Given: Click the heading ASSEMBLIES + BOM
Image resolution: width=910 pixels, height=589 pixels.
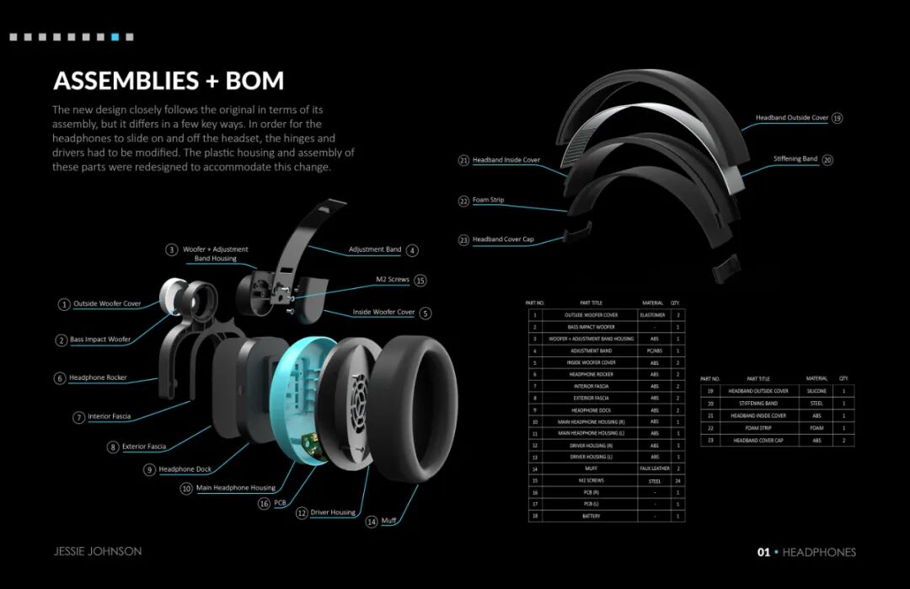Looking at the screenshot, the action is pyautogui.click(x=169, y=81).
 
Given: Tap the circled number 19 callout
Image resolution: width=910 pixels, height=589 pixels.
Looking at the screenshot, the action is pyautogui.click(x=837, y=118).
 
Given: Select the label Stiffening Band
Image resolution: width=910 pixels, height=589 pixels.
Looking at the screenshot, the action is pyautogui.click(x=795, y=159).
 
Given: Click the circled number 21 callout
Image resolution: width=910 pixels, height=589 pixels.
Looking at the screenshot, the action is pyautogui.click(x=463, y=160).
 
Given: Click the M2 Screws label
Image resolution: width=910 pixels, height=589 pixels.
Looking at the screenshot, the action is pyautogui.click(x=392, y=280).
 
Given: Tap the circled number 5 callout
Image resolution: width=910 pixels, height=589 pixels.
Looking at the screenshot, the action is pyautogui.click(x=426, y=313).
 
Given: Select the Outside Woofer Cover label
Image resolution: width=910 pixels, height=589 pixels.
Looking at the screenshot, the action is pyautogui.click(x=107, y=304).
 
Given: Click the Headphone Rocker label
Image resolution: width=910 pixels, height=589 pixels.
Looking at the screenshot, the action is pyautogui.click(x=98, y=378).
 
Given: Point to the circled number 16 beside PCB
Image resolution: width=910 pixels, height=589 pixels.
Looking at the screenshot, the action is pyautogui.click(x=264, y=503).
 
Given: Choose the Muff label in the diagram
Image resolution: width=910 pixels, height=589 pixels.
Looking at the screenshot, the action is pyautogui.click(x=388, y=522).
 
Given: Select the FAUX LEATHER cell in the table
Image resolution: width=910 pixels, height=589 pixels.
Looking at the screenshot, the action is pyautogui.click(x=655, y=469).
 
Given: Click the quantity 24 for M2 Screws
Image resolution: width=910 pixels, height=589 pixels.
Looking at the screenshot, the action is pyautogui.click(x=677, y=480).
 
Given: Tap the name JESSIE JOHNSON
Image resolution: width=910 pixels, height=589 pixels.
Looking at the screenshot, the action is pyautogui.click(x=98, y=552).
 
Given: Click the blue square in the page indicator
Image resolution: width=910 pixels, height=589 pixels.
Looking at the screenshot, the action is pyautogui.click(x=115, y=37).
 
